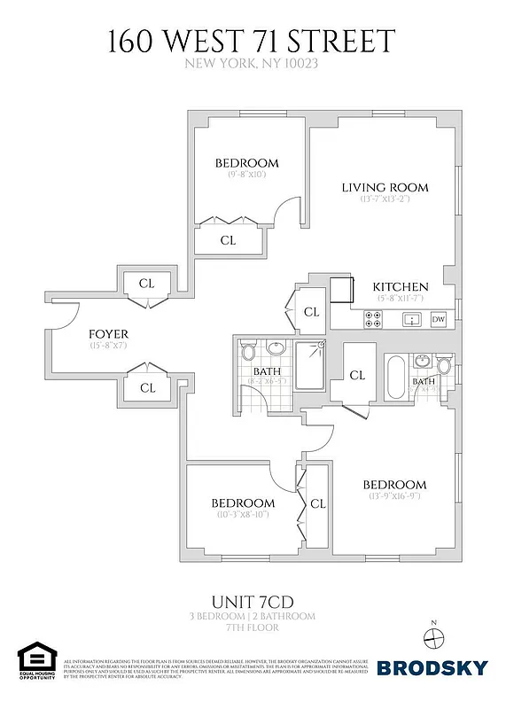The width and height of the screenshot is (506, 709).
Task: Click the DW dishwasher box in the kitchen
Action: tap(438, 320)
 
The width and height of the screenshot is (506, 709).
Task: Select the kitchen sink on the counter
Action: tap(410, 320)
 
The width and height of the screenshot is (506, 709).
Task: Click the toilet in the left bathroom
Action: tap(247, 350)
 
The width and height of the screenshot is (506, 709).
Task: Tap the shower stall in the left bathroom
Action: tap(310, 365)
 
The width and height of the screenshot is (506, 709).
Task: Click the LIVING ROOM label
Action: tap(385, 187)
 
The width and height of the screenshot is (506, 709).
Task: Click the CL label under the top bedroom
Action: tap(228, 239)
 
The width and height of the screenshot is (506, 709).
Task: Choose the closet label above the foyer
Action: tap(147, 284)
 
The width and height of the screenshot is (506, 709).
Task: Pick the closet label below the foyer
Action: tap(147, 387)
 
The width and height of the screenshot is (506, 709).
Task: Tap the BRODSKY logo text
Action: tap(431, 669)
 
